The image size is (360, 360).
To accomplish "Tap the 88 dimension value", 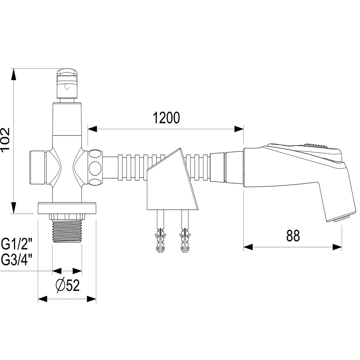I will (293, 236).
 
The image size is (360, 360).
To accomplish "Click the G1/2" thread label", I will (17, 245).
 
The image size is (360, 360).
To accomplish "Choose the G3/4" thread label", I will (17, 259).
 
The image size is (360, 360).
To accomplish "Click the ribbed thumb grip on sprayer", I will (316, 145).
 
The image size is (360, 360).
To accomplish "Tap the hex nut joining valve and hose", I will (95, 167).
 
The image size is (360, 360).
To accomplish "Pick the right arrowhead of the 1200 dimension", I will (239, 129).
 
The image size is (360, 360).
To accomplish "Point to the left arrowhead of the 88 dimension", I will (249, 247).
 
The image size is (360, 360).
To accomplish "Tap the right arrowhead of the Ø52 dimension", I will (92, 298).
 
